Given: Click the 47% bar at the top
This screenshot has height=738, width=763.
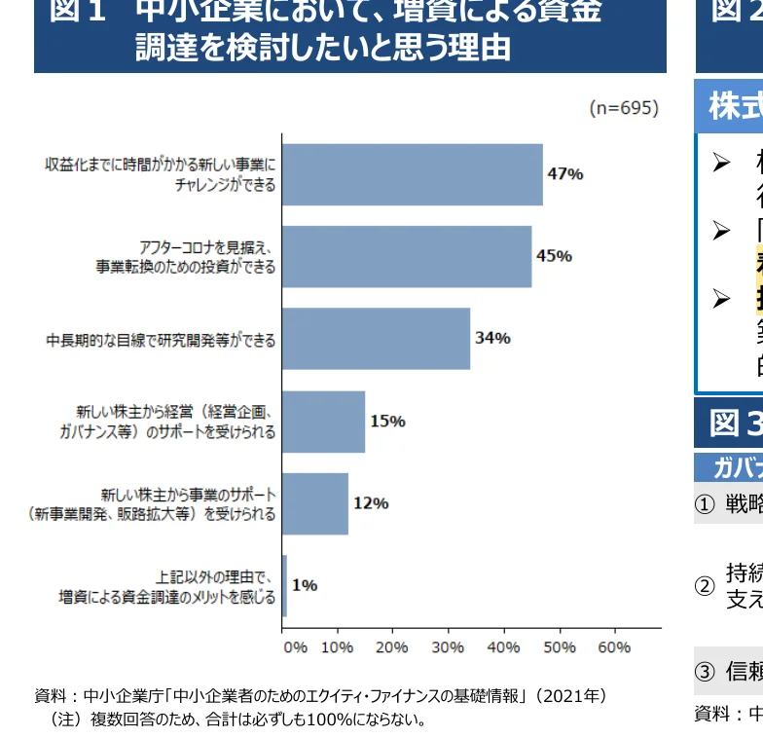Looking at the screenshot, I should [x=412, y=174].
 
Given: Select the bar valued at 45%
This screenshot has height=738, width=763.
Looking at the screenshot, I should [x=406, y=256].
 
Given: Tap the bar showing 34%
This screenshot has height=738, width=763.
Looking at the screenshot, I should [x=376, y=339].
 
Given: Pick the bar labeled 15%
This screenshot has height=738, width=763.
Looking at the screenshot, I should [x=323, y=422].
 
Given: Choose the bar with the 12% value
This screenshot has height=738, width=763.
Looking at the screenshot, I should [x=314, y=503].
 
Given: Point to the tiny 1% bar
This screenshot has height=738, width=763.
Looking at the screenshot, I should [x=284, y=586].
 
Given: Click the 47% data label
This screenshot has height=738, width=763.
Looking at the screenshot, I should [x=564, y=174].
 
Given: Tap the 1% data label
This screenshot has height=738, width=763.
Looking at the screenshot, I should [x=304, y=585].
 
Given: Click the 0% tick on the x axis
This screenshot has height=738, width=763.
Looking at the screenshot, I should [x=294, y=647].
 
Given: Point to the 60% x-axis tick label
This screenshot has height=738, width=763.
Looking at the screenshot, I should [x=613, y=647].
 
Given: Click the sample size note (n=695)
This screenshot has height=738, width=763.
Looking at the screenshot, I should [x=624, y=108].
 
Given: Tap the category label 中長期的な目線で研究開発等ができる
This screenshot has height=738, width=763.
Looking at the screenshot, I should [x=161, y=340].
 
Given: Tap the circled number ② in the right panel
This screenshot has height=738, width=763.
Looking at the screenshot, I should [x=704, y=586].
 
